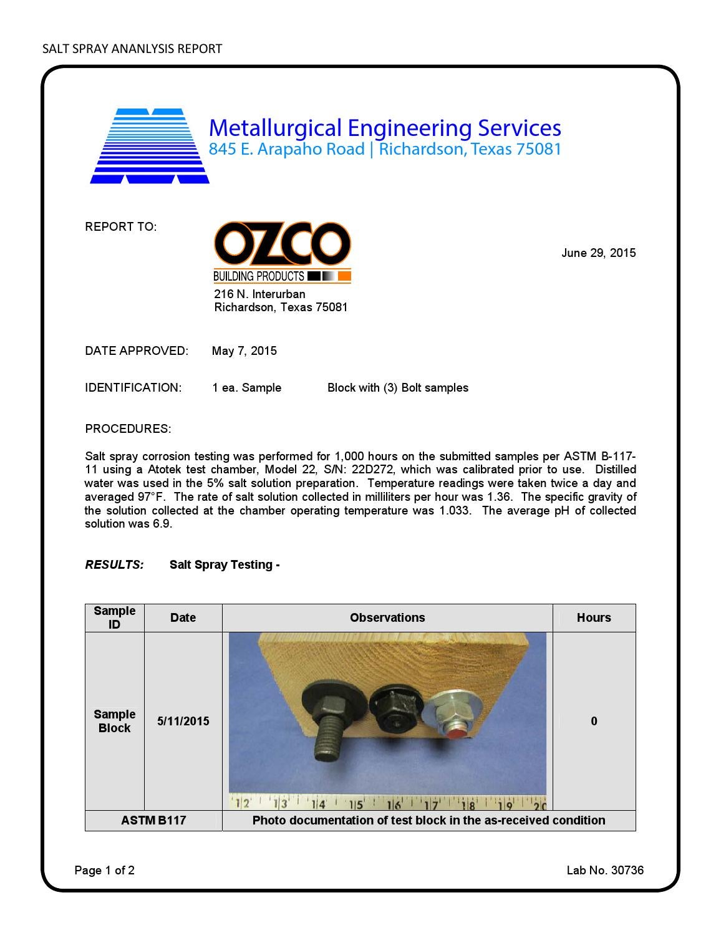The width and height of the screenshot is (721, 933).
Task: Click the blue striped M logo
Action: coord(150,147)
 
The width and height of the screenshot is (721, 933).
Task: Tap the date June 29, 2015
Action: coord(598,253)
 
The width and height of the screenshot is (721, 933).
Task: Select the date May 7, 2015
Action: coord(244,350)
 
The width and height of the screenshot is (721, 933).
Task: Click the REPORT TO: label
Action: coord(120,227)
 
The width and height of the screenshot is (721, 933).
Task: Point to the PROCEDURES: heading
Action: coord(128,428)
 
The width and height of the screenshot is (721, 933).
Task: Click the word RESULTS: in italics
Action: coord(114,564)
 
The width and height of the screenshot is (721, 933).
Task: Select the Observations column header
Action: coord(387,617)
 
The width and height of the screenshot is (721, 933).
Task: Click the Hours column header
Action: coord(593,617)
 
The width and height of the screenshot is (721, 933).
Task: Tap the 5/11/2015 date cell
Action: coord(183,721)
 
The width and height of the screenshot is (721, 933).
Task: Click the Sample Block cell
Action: coord(114,721)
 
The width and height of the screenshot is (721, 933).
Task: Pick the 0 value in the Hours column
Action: coord(594,721)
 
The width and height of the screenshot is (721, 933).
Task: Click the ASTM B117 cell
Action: coord(153,820)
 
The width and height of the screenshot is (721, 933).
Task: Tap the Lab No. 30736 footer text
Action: coord(604,870)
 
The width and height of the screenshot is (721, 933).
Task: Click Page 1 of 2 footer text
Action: coord(104,870)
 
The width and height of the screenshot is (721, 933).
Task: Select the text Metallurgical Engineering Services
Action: coord(385,128)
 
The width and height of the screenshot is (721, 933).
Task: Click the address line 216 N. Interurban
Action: coord(259,294)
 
